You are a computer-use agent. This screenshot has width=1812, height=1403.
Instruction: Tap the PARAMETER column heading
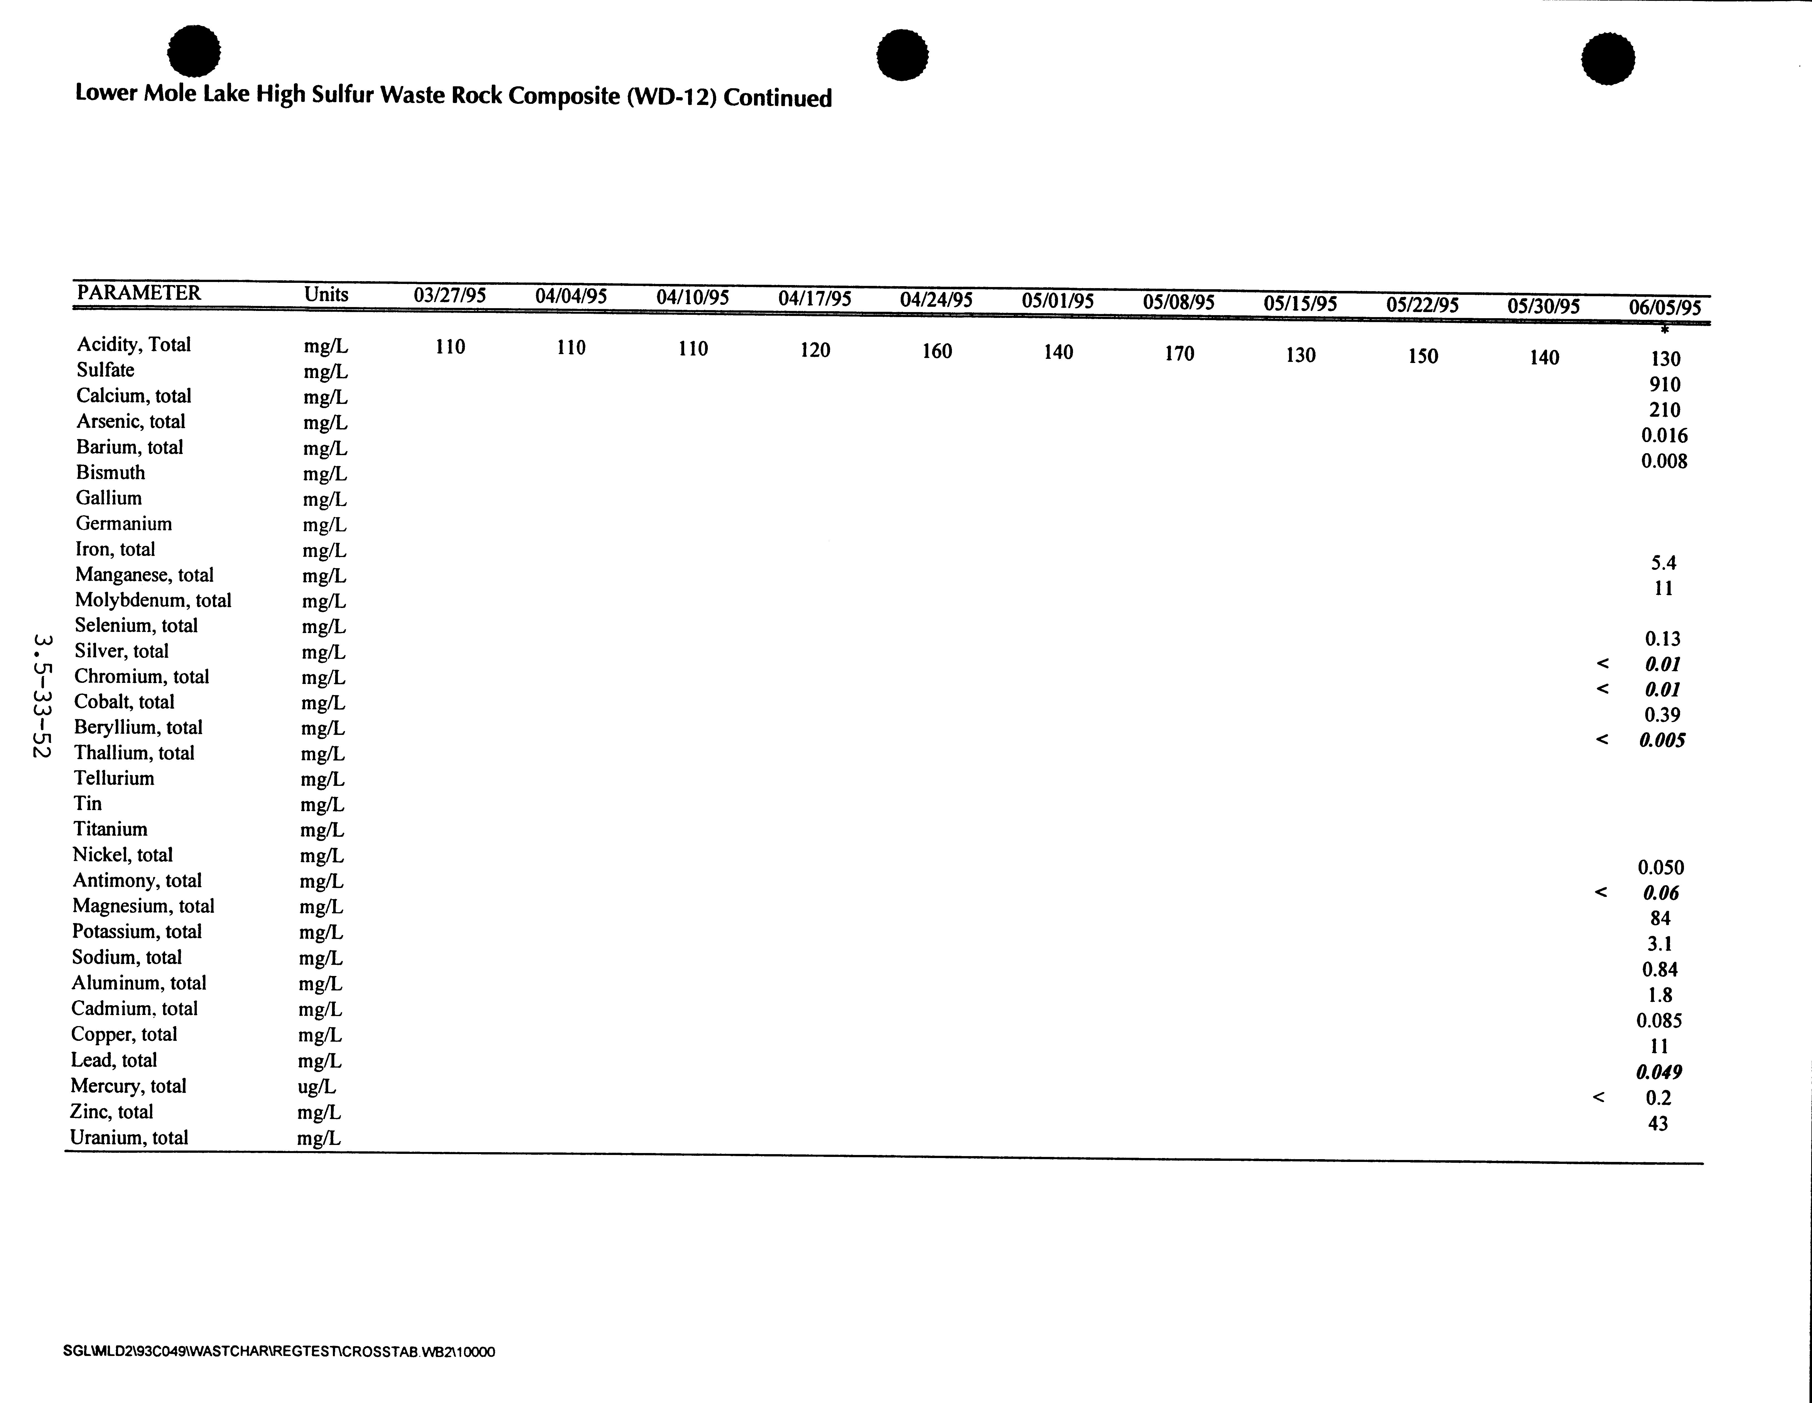click(139, 293)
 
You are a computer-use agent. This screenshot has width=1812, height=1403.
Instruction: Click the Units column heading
click(326, 295)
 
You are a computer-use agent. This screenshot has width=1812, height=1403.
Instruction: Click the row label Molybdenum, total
click(153, 600)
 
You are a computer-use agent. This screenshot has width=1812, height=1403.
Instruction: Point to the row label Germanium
click(124, 524)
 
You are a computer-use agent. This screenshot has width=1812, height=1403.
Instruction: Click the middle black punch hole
click(903, 56)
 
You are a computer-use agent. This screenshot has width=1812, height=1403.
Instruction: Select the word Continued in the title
click(777, 98)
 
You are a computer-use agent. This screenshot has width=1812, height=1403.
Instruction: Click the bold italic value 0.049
click(1659, 1072)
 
